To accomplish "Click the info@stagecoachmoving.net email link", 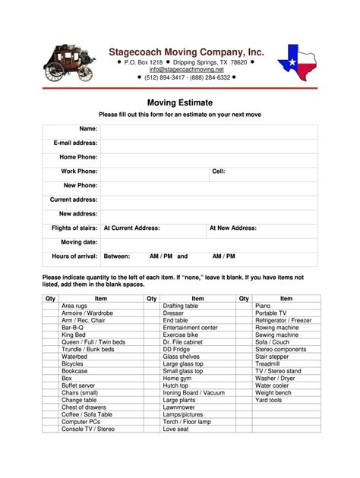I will (x=186, y=69).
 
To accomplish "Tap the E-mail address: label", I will (x=75, y=143).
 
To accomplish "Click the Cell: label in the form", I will (x=218, y=171).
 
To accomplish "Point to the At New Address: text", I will (x=233, y=228).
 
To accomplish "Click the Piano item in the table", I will (x=263, y=305).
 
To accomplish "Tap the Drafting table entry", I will (x=180, y=305).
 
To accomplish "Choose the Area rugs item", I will (x=75, y=305).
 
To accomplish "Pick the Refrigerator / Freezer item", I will (x=283, y=320).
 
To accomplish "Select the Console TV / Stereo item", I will (x=88, y=429).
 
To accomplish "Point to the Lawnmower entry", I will (x=179, y=407).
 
